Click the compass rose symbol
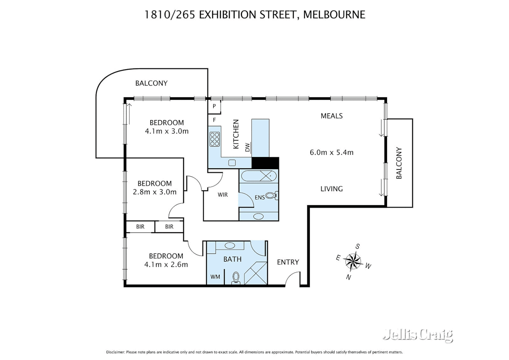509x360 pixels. click(353, 261)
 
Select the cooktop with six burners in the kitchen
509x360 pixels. click(215, 139)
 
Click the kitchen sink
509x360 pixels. click(232, 163)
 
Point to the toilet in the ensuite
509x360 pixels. click(271, 196)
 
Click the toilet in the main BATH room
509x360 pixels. click(236, 278)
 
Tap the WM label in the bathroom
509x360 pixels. click(215, 277)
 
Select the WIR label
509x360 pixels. click(223, 195)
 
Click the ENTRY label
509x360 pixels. click(288, 262)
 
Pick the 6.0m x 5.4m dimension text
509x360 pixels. click(331, 152)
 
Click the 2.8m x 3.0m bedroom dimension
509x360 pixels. click(155, 192)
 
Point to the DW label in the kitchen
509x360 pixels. click(248, 147)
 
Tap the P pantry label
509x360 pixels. click(215, 106)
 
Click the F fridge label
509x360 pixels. click(215, 120)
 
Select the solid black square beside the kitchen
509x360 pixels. click(265, 163)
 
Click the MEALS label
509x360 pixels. click(331, 116)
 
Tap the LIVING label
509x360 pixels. click(331, 189)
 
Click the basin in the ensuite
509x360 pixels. click(258, 216)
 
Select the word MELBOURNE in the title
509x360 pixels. click(334, 15)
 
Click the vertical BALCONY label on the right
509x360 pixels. click(399, 163)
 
